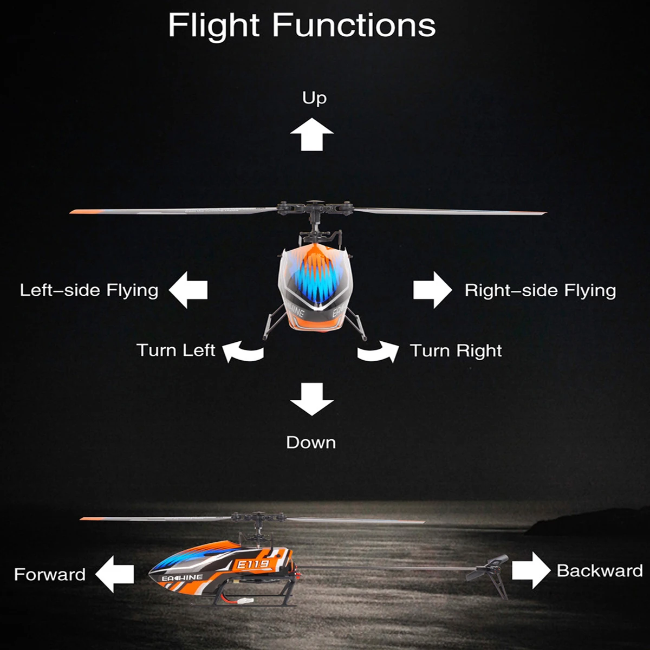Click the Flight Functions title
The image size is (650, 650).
click(x=302, y=25)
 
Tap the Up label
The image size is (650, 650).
click(x=314, y=98)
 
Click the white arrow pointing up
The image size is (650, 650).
click(x=311, y=135)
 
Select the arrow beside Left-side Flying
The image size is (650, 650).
click(x=188, y=290)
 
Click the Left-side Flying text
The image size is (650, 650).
click(x=89, y=290)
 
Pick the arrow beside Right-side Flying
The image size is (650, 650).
click(x=432, y=290)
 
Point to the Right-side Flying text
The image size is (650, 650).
click(x=540, y=290)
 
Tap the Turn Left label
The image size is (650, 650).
click(x=176, y=350)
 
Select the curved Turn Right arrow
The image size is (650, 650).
click(x=378, y=352)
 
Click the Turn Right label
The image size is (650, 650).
click(x=456, y=350)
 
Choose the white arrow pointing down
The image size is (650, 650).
click(x=311, y=399)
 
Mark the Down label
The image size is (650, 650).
click(x=311, y=443)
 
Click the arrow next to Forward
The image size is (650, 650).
click(x=115, y=574)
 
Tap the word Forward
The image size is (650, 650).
click(x=50, y=574)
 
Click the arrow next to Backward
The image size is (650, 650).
click(x=531, y=570)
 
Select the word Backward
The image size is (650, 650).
click(x=600, y=570)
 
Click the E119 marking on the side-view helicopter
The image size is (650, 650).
click(x=253, y=564)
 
